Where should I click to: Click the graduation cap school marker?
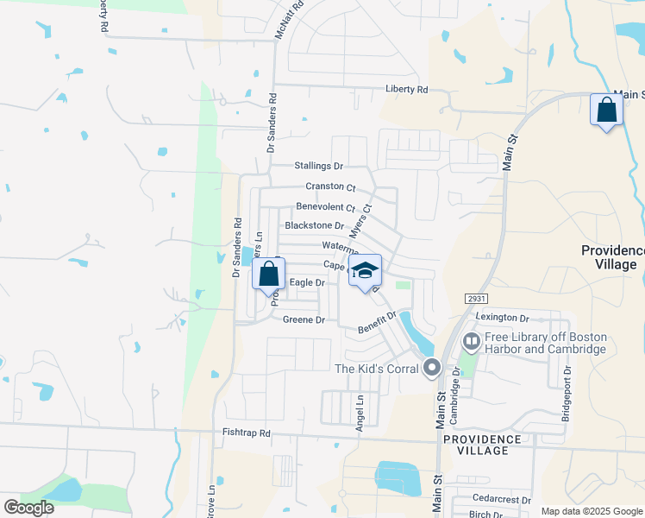pyautogui.click(x=365, y=270)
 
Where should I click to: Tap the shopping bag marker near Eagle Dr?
pyautogui.click(x=269, y=275)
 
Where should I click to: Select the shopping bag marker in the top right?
pyautogui.click(x=606, y=111)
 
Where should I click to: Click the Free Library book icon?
pyautogui.click(x=471, y=342)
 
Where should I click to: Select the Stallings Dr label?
pyautogui.click(x=318, y=166)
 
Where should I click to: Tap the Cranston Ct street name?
pyautogui.click(x=330, y=186)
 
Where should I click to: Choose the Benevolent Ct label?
pyautogui.click(x=325, y=207)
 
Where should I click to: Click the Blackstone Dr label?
pyautogui.click(x=314, y=226)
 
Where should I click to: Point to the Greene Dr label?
pyautogui.click(x=304, y=320)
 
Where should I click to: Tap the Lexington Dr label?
pyautogui.click(x=501, y=319)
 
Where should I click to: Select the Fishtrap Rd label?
pyautogui.click(x=246, y=433)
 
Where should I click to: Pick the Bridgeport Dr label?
pyautogui.click(x=567, y=394)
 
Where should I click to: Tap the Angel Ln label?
pyautogui.click(x=360, y=413)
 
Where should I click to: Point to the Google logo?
pyautogui.click(x=28, y=508)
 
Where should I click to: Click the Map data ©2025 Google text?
pyautogui.click(x=591, y=511)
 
